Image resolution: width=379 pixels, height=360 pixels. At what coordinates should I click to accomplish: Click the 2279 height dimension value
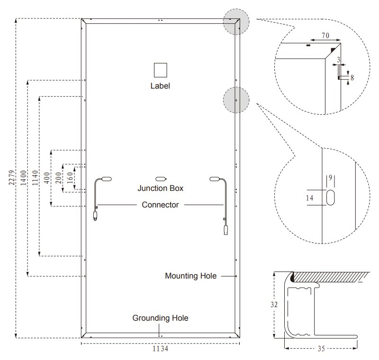[11, 179]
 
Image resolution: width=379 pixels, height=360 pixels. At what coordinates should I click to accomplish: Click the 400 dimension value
[46, 178]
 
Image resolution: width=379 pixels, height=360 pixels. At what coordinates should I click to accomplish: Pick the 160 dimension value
[70, 178]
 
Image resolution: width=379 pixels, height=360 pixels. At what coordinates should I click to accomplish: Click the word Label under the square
[160, 86]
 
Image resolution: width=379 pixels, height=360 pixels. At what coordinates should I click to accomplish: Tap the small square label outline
[160, 70]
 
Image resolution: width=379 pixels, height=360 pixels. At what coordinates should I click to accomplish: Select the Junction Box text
[160, 188]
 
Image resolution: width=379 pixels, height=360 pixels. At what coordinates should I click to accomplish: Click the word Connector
[160, 205]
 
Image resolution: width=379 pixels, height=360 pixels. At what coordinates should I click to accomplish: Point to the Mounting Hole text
[190, 276]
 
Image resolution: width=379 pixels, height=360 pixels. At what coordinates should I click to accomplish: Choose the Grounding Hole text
[160, 318]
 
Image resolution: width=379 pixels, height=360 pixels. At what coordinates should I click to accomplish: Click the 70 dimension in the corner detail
[325, 36]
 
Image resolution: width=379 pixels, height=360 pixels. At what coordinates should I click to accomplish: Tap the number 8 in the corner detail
[352, 76]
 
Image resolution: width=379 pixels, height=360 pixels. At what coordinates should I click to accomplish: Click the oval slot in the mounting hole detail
[330, 198]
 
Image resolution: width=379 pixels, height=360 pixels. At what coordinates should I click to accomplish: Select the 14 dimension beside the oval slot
[310, 198]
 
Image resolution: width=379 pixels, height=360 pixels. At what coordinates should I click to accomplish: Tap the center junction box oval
[162, 179]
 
